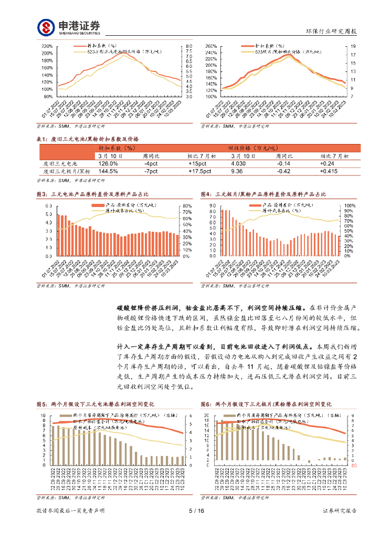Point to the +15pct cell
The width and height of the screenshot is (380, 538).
(x=199, y=163)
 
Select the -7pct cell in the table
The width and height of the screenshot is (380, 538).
(x=152, y=171)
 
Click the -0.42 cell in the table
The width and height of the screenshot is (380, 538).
(x=283, y=171)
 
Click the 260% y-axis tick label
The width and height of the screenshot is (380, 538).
(x=211, y=46)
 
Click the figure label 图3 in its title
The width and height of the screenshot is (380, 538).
(x=41, y=194)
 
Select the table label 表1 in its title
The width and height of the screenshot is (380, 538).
(x=41, y=139)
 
